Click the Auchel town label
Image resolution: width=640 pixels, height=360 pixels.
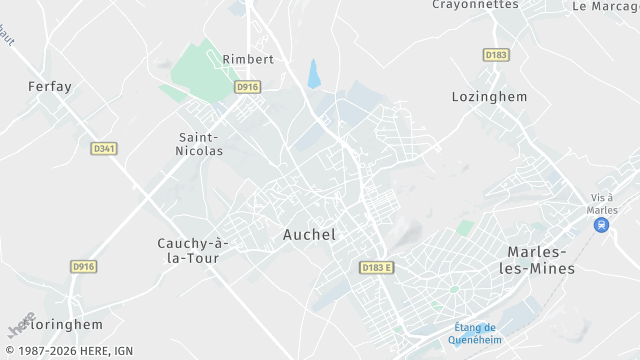point(309,235)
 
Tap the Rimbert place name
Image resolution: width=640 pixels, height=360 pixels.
point(248,59)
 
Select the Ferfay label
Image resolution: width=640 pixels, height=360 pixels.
point(50,87)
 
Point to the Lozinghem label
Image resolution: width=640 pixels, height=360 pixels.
point(488,97)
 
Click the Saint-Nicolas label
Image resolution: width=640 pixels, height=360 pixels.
point(200,144)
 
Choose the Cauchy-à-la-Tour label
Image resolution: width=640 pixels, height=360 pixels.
point(194,250)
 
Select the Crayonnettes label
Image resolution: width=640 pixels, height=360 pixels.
point(475,5)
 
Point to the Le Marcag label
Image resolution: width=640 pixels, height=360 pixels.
point(605,6)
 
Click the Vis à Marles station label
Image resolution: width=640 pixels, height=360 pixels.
point(602,203)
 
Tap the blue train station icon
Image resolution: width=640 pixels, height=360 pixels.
point(601,225)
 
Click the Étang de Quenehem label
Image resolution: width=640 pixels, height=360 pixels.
point(474,333)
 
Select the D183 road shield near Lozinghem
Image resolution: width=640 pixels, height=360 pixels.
point(496,55)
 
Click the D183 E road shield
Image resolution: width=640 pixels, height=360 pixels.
point(377,267)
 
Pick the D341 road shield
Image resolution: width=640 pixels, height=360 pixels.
point(104,148)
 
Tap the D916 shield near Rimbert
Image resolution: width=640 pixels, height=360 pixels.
point(248,88)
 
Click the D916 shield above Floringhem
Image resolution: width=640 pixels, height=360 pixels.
point(84,266)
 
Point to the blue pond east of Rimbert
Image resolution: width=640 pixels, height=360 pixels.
point(314,73)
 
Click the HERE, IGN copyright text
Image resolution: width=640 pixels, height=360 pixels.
point(69,351)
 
